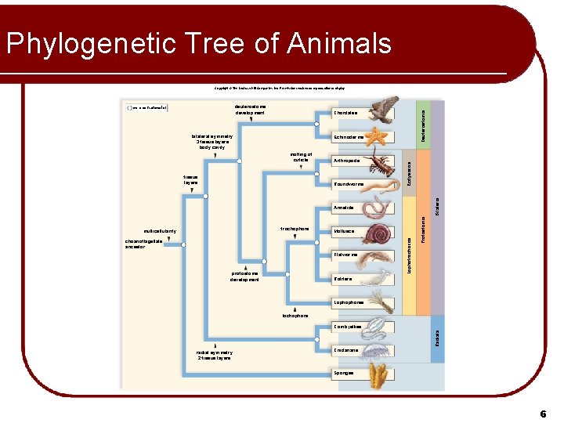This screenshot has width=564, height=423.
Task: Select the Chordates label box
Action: pyautogui.click(x=346, y=113)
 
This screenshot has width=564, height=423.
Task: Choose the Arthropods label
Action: pyautogui.click(x=347, y=161)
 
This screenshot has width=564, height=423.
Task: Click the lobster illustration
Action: pyautogui.click(x=383, y=163)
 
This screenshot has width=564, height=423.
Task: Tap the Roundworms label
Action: pyautogui.click(x=349, y=184)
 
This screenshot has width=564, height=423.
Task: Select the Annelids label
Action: pyautogui.click(x=344, y=208)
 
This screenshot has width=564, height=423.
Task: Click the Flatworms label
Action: pyautogui.click(x=345, y=255)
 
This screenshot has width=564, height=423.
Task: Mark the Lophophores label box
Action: pyautogui.click(x=349, y=302)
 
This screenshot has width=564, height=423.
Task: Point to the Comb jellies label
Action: pyautogui.click(x=347, y=326)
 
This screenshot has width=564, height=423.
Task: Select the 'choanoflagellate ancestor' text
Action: pyautogui.click(x=145, y=244)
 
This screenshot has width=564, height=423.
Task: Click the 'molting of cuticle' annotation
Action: pyautogui.click(x=301, y=157)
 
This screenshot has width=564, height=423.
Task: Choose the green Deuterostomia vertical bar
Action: pyautogui.click(x=423, y=122)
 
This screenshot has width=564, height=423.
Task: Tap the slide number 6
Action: pyautogui.click(x=542, y=413)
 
